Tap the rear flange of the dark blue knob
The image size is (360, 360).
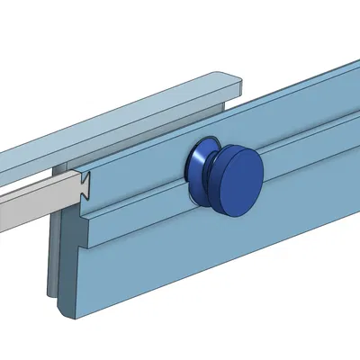(194, 166)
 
